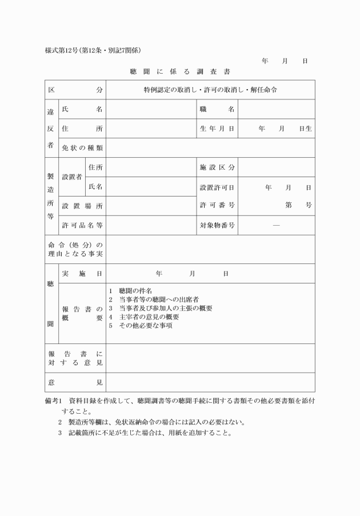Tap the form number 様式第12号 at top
click(61, 50)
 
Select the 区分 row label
click(76, 90)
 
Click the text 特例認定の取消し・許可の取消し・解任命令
click(210, 90)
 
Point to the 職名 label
click(217, 109)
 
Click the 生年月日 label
click(217, 129)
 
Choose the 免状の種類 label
click(82, 148)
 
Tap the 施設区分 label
click(217, 167)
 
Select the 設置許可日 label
click(217, 187)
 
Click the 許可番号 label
click(217, 205)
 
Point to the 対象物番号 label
click(217, 225)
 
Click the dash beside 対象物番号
click(277, 225)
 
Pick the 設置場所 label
click(82, 206)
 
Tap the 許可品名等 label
click(82, 225)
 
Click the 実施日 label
click(82, 274)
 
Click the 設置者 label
click(72, 177)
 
